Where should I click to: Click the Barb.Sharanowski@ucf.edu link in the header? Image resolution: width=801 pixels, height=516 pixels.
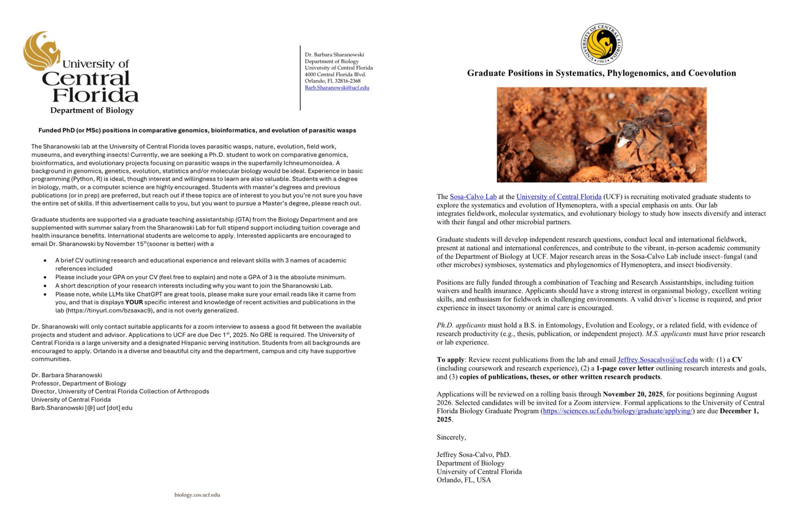[337, 88]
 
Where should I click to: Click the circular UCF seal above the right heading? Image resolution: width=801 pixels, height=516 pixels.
[602, 44]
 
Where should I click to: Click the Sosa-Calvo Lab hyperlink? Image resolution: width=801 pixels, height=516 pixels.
[473, 197]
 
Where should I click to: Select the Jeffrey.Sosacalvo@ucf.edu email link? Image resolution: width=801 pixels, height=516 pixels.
[658, 360]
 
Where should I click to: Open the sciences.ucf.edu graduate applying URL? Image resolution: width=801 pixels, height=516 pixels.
[617, 411]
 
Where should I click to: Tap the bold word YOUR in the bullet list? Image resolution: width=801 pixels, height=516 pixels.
[134, 302]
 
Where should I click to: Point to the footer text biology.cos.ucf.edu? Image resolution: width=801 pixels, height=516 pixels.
[197, 495]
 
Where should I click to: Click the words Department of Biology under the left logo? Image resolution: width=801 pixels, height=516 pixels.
[92, 111]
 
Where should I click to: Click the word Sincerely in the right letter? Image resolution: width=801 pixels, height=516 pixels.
[451, 437]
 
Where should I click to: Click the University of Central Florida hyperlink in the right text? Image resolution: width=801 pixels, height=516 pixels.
[559, 197]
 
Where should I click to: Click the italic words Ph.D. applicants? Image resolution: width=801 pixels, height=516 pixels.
[461, 325]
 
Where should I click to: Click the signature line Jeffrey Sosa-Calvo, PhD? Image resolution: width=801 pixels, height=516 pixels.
[473, 455]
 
